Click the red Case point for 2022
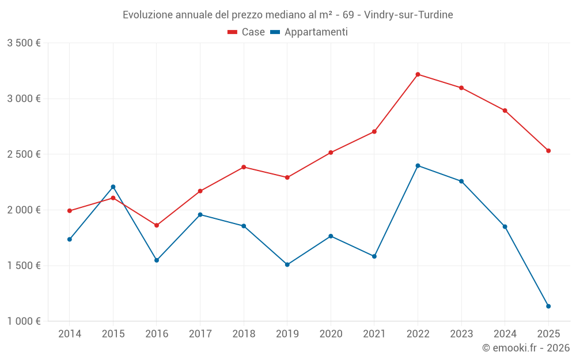tap(418, 74)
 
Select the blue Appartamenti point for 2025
tap(548, 306)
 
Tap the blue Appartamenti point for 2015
tap(113, 187)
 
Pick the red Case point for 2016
tap(157, 225)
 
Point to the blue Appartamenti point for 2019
tap(287, 265)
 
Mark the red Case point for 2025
tap(548, 151)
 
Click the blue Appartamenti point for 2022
tap(418, 166)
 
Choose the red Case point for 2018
tap(244, 167)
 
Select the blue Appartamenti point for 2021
tap(374, 256)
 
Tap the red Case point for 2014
tap(70, 211)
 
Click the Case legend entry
tap(247, 32)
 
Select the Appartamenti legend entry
tap(309, 32)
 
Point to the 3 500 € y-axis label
tap(24, 43)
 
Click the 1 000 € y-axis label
tap(24, 321)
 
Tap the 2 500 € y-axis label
tap(24, 154)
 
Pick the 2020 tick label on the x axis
tap(331, 334)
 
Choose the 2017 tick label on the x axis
tap(200, 334)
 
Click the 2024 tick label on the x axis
tap(505, 334)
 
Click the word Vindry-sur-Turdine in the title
tap(408, 15)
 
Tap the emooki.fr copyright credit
tap(526, 348)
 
